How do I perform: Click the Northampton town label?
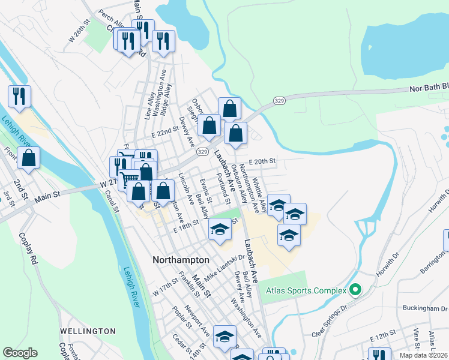click(x=181, y=260)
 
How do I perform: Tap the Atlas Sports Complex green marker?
click(x=355, y=290)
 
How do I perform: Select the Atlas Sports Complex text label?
click(x=306, y=290)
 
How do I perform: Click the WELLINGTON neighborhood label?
click(x=88, y=331)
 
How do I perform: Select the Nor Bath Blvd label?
click(x=429, y=88)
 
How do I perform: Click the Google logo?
click(x=20, y=353)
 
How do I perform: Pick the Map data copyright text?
click(x=423, y=355)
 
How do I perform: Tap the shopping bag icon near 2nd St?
click(x=28, y=158)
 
